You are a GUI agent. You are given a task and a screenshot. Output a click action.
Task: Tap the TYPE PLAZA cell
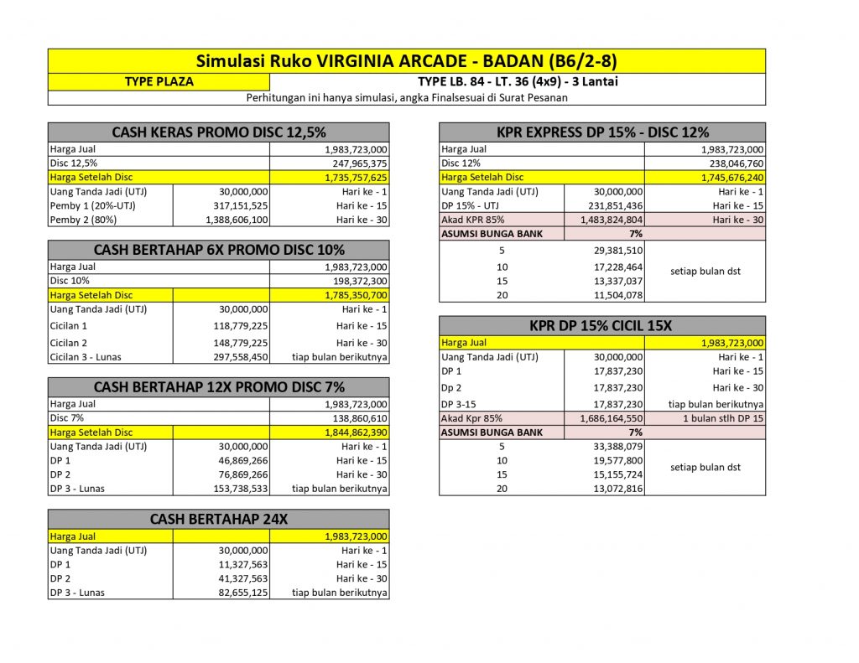coord(159,81)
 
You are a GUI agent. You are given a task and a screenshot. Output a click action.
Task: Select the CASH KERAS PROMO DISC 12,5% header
coord(218,132)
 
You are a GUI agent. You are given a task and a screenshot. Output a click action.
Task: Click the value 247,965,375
coord(357,163)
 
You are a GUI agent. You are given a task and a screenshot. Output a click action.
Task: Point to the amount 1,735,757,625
coord(357,178)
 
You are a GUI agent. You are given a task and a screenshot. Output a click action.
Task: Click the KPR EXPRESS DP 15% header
coord(602,132)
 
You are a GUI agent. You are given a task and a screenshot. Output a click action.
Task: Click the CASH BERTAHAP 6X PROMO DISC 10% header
coord(218,250)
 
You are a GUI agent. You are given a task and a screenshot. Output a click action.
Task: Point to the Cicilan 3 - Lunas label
coord(86,357)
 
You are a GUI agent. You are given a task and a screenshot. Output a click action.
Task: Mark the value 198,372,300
coord(357,281)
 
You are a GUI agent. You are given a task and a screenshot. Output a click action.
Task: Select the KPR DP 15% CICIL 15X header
coord(602,325)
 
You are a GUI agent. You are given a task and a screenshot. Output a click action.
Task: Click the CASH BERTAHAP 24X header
coord(218,520)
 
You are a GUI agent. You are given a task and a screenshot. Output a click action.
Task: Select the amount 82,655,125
coord(236,593)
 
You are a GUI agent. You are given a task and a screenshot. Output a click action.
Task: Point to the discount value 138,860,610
coord(357,417)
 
